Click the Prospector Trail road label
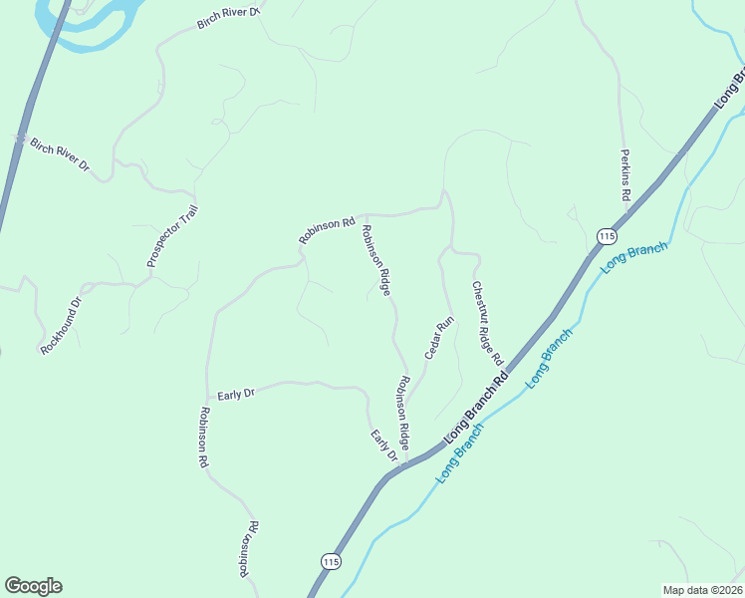(x=173, y=236)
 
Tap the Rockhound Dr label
(x=61, y=326)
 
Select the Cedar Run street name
(x=439, y=338)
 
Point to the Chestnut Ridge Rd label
(x=487, y=322)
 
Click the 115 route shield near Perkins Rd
(x=607, y=235)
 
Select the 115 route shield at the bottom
(x=331, y=561)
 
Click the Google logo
(x=33, y=586)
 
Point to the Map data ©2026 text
(x=701, y=589)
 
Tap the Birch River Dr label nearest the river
(x=228, y=18)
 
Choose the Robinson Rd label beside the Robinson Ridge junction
(x=327, y=231)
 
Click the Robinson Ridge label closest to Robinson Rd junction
(x=375, y=260)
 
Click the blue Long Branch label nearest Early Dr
(x=459, y=454)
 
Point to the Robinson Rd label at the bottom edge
(x=248, y=549)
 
